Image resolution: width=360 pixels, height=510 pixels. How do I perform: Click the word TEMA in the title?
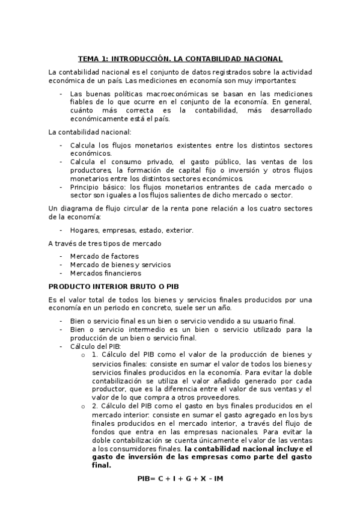click(88, 59)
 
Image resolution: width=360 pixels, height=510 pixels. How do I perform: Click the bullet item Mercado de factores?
click(104, 256)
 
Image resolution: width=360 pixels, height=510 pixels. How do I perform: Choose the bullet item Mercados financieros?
click(106, 272)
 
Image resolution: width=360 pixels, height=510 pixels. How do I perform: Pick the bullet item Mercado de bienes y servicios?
click(120, 264)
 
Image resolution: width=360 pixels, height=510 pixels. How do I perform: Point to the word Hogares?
click(84, 230)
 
